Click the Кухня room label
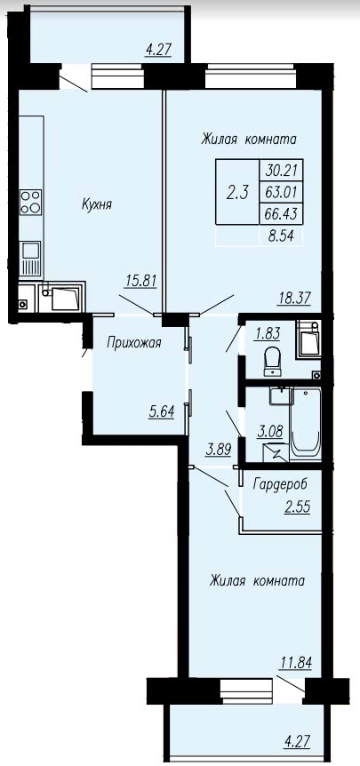97,205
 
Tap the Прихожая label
134,343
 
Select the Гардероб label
280,484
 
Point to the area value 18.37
293,298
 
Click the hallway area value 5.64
162,411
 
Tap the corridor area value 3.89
219,450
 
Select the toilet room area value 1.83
267,333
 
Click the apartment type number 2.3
237,193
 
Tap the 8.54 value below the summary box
284,238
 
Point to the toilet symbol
272,362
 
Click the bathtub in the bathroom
305,424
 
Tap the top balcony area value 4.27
158,50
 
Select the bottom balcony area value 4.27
298,746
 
